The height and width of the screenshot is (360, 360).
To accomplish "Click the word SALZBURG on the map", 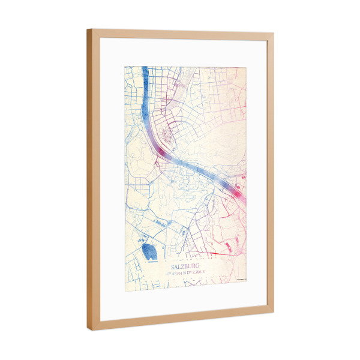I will click(x=184, y=265).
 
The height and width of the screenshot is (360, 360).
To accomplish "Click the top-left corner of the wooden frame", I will click(x=88, y=31).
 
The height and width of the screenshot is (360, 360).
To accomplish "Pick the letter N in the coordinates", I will click(x=184, y=274).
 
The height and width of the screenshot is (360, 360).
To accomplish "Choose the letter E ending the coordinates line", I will click(x=203, y=274).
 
